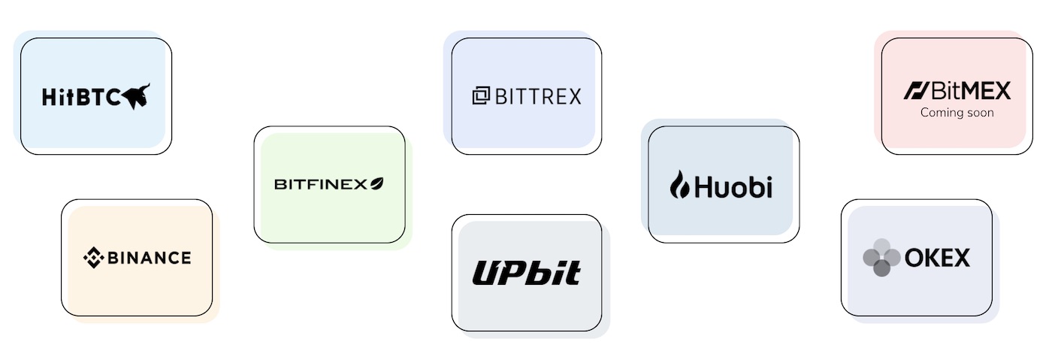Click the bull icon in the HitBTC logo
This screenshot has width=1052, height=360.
pyautogui.click(x=137, y=95)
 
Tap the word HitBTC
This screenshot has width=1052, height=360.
pyautogui.click(x=81, y=97)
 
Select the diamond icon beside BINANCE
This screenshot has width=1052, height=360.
pyautogui.click(x=93, y=258)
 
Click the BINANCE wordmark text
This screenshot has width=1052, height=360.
pyautogui.click(x=149, y=259)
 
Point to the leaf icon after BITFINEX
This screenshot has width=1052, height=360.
pyautogui.click(x=376, y=183)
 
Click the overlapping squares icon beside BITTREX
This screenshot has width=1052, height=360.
pyautogui.click(x=480, y=96)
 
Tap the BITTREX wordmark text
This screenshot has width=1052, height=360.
pyautogui.click(x=538, y=96)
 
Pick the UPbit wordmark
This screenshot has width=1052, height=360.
pyautogui.click(x=526, y=273)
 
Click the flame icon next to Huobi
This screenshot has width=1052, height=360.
pyautogui.click(x=679, y=184)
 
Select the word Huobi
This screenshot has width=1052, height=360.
pyautogui.click(x=733, y=186)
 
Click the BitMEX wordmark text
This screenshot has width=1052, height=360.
pyautogui.click(x=970, y=91)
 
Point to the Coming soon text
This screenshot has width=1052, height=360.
pyautogui.click(x=957, y=113)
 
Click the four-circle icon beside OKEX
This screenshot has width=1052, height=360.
pyautogui.click(x=881, y=258)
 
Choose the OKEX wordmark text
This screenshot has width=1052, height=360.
pyautogui.click(x=937, y=259)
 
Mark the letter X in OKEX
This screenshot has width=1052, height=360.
pyautogui.click(x=960, y=259)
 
